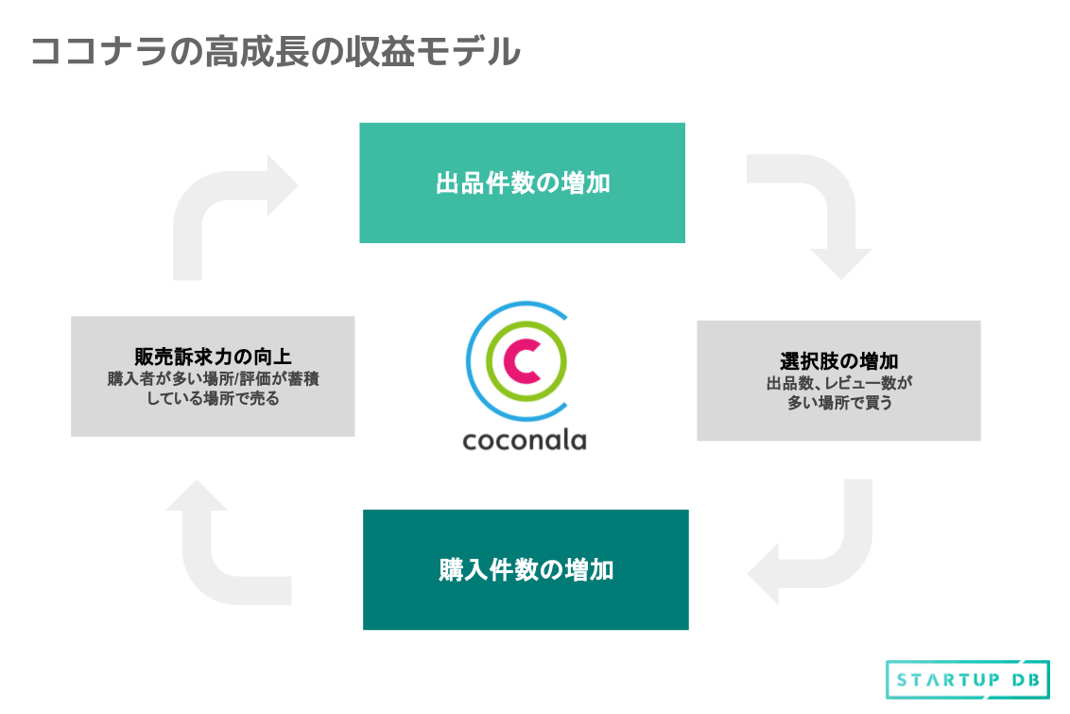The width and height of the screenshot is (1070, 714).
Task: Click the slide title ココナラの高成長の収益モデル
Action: tap(275, 51)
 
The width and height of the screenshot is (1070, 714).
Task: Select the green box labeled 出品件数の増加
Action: tap(522, 183)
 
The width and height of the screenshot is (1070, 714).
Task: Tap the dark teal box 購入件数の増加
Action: tap(526, 569)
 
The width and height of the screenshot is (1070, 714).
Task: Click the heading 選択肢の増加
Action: tap(838, 361)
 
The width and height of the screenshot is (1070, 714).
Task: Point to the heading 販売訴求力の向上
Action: tap(213, 357)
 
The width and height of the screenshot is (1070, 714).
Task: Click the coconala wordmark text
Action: tap(525, 440)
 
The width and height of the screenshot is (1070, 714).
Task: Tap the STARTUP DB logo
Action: tap(968, 679)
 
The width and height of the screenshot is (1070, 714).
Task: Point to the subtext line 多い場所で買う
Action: tap(838, 403)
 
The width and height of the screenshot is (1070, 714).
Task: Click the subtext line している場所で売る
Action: tap(213, 399)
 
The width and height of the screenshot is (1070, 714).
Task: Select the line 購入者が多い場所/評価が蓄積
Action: tap(213, 378)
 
